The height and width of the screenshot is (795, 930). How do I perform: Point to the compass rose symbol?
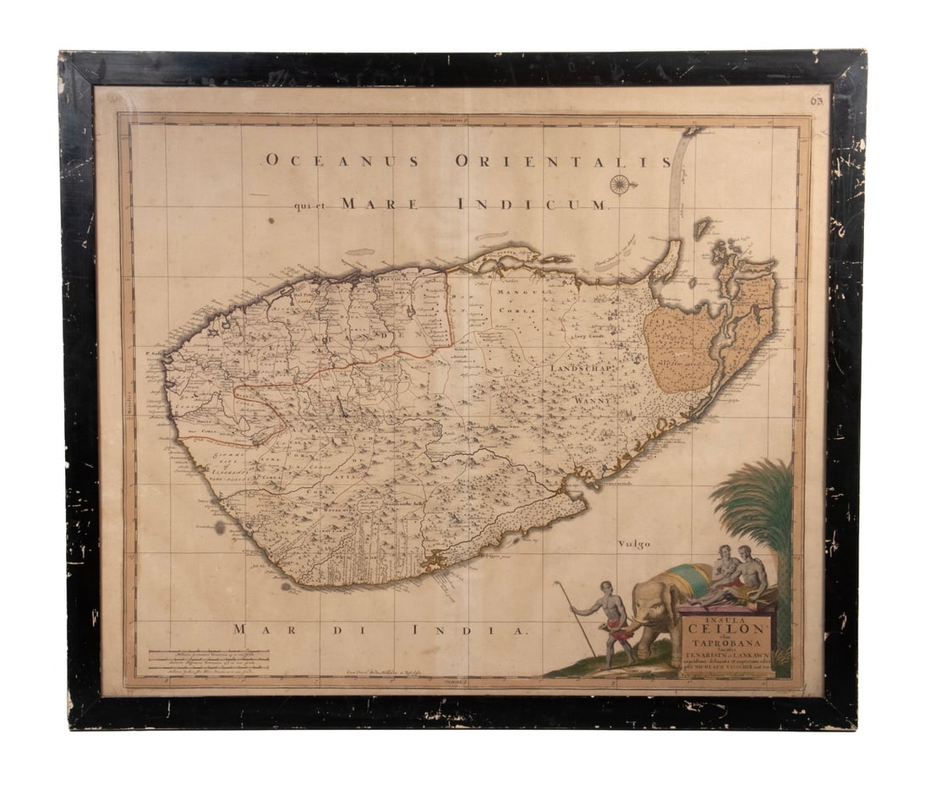point(621,184)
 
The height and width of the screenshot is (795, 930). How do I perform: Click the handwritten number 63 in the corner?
point(817,100)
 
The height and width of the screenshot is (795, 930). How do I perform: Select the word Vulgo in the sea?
point(634,544)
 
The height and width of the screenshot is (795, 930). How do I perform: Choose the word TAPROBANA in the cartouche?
point(727,643)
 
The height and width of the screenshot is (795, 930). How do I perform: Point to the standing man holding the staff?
point(613,621)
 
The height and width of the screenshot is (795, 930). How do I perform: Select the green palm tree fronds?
point(755,498)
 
